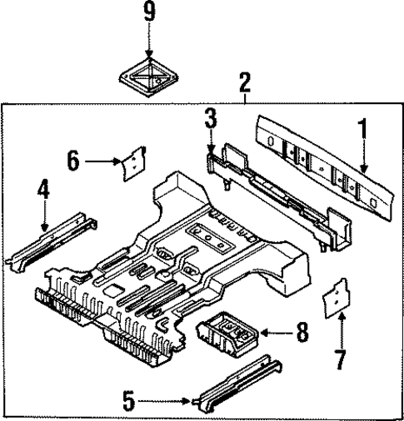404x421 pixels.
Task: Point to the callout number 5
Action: coord(127,401)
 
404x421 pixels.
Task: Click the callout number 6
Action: coord(74,160)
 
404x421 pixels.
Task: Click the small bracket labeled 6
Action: coord(132,165)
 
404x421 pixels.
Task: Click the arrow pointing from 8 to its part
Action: coord(273,333)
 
